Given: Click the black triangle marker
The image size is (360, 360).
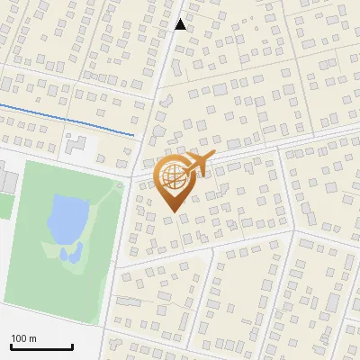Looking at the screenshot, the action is [x=180, y=24].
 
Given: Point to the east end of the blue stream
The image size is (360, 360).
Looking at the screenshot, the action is [x=134, y=135].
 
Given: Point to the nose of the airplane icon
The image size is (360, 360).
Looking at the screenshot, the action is [x=211, y=157].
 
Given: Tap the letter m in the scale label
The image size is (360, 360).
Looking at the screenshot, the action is [x=33, y=338].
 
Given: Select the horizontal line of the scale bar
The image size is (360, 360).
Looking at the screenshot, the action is [x=41, y=347].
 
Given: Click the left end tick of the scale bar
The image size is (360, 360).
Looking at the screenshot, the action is [x=11, y=346].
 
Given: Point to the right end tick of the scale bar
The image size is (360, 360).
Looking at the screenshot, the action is [x=72, y=346].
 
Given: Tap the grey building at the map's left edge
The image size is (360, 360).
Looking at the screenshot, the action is [x=7, y=179].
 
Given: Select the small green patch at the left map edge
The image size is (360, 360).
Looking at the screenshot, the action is [x=4, y=206].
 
